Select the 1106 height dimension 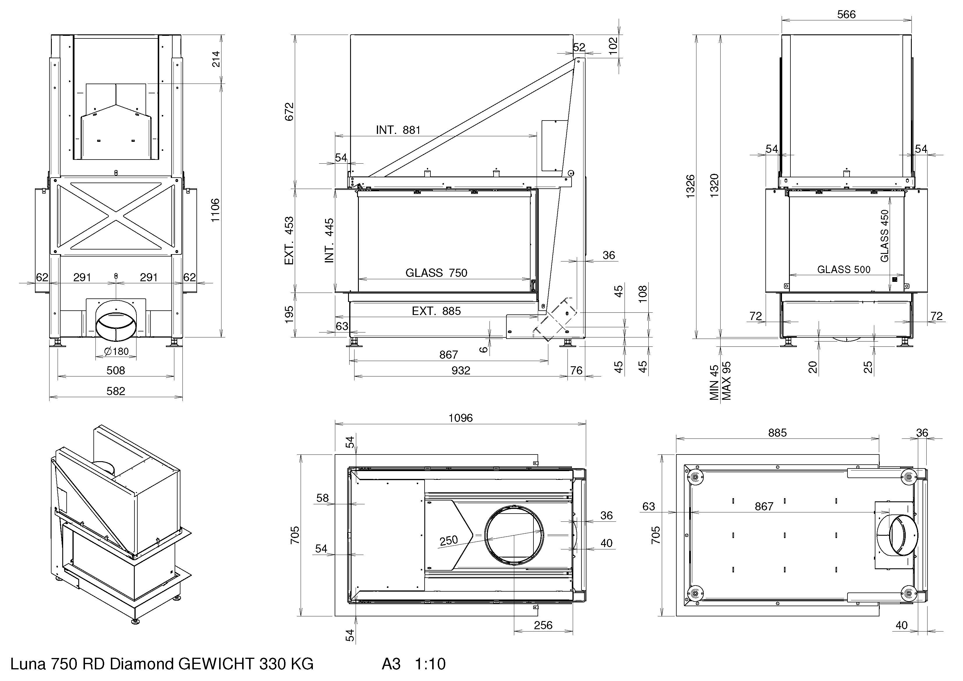click(x=215, y=210)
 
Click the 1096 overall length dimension click(x=460, y=418)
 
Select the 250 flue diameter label click(x=448, y=540)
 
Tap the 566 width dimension click(x=846, y=14)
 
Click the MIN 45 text click(x=714, y=382)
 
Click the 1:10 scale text click(x=430, y=664)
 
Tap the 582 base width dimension click(x=116, y=391)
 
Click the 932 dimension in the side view click(x=460, y=371)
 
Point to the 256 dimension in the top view click(x=543, y=625)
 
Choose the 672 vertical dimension click(x=289, y=111)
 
